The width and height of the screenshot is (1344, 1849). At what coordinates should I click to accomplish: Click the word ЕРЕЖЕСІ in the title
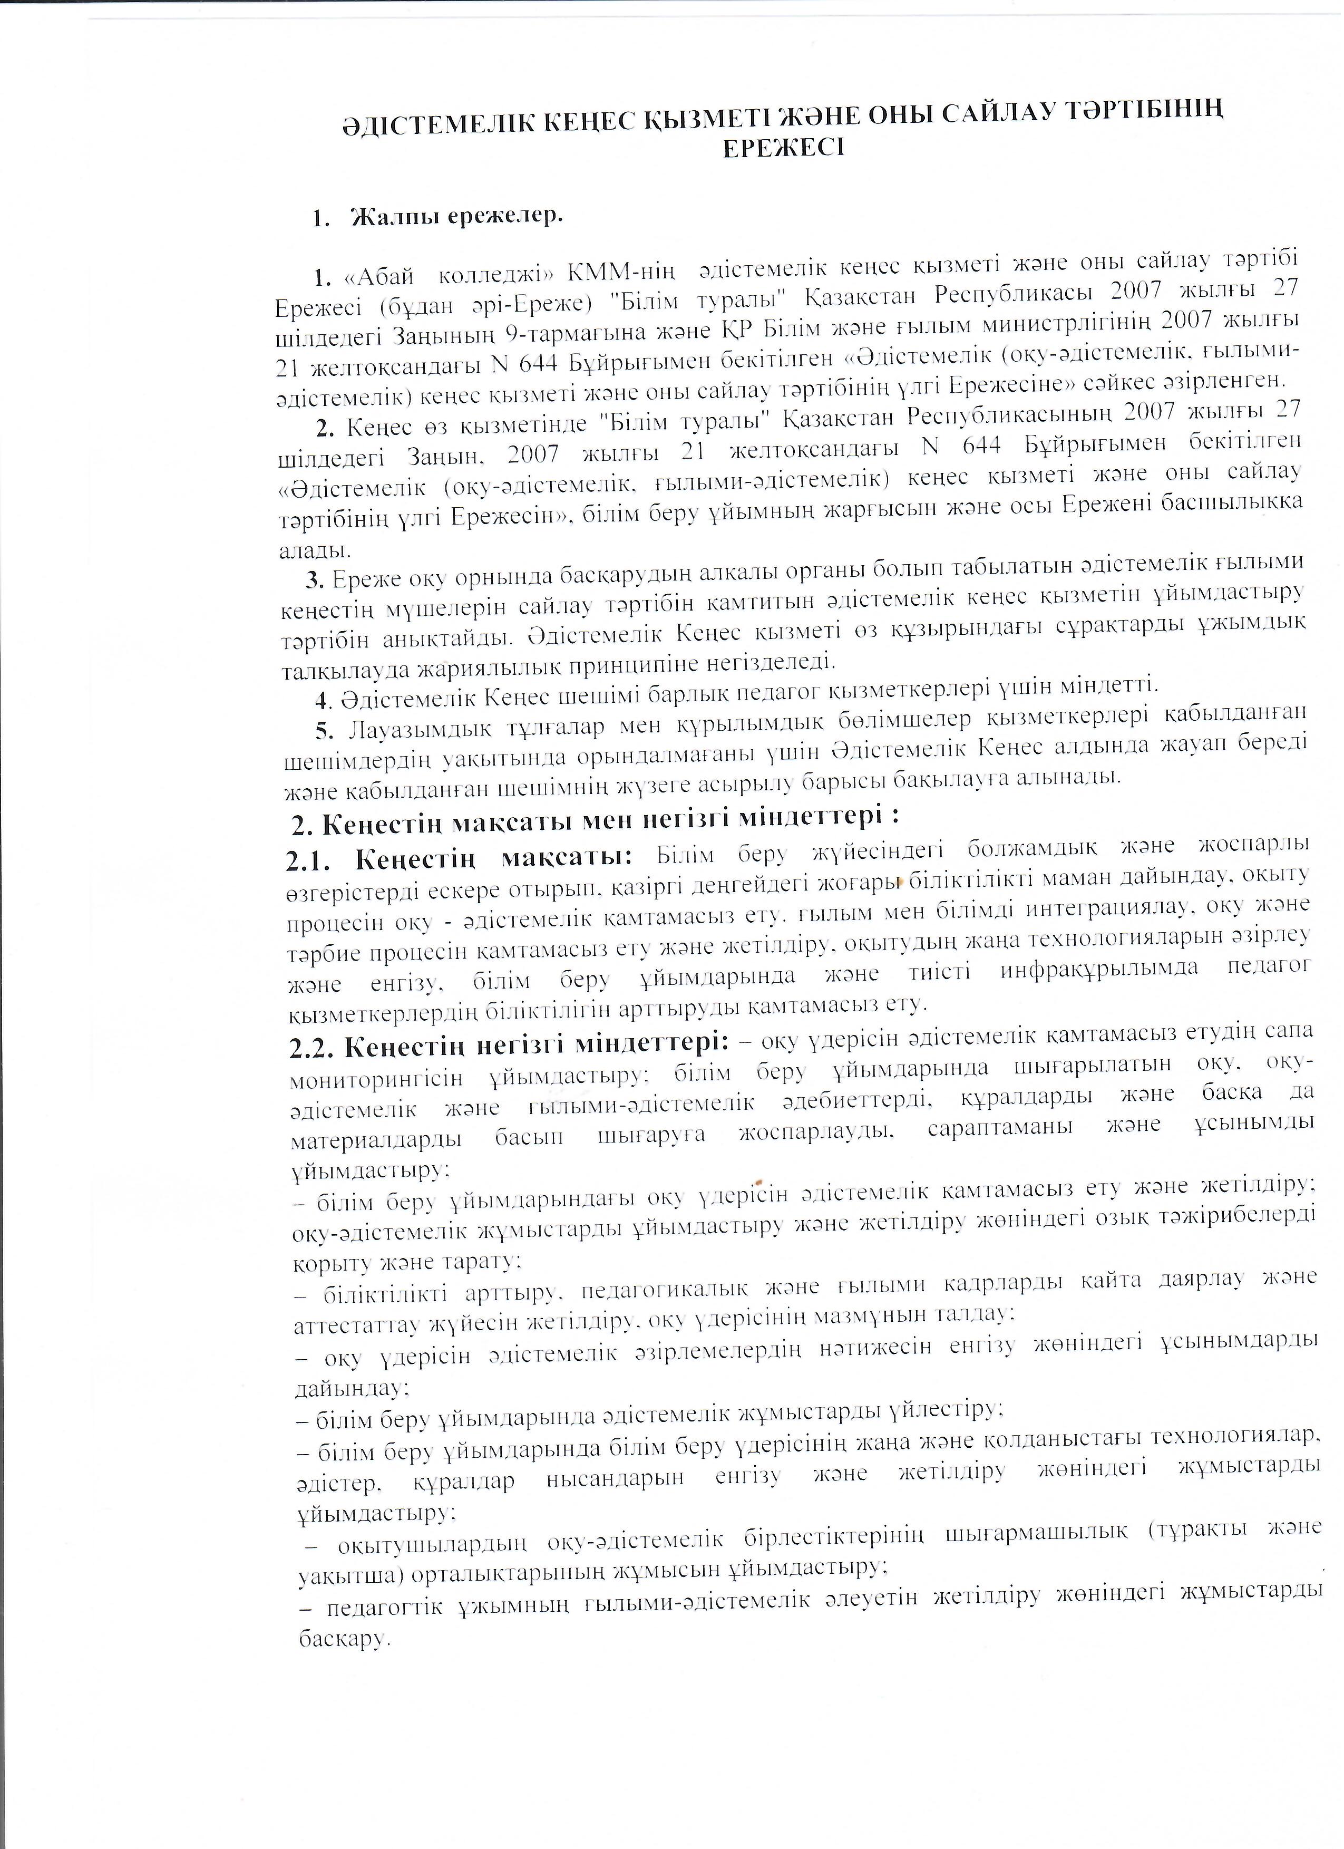pos(784,148)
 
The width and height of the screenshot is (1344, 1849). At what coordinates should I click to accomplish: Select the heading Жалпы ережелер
pos(456,218)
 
